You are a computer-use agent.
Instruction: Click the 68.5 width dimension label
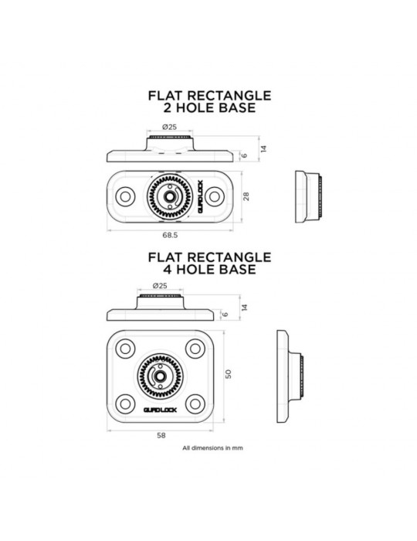coord(170,235)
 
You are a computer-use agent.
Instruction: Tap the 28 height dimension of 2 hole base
coord(246,196)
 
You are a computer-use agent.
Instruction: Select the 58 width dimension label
coord(161,435)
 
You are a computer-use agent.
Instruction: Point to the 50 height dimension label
coord(228,374)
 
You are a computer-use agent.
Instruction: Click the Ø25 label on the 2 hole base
coord(170,127)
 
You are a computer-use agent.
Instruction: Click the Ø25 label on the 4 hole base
coord(160,286)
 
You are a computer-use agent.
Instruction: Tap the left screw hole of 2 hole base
coord(125,196)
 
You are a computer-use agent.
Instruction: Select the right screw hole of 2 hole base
coord(215,196)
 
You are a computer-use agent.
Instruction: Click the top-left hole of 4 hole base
coord(125,349)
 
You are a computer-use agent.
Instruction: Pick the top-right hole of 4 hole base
coord(195,349)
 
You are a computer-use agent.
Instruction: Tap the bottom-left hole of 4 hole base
coord(125,403)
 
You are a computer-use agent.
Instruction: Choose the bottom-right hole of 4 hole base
coord(195,403)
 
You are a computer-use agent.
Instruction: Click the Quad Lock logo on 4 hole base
coord(161,410)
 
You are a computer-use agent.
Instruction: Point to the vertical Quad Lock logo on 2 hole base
coord(200,196)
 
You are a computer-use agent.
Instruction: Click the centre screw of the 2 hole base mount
coord(170,196)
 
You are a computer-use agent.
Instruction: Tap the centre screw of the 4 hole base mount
coord(160,376)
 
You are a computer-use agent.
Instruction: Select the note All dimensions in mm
coord(212,448)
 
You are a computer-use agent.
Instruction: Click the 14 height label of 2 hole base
coord(263,148)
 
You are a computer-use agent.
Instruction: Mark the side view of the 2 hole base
coord(309,196)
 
